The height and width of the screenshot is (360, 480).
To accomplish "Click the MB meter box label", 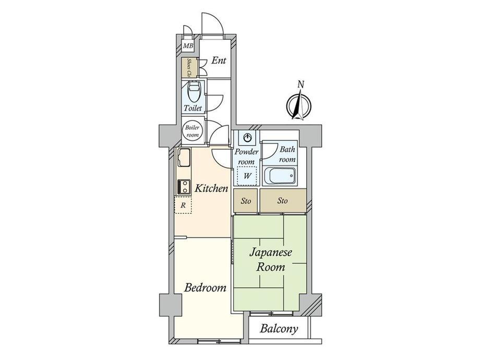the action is point(188,46).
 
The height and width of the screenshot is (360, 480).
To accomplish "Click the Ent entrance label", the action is point(219,61).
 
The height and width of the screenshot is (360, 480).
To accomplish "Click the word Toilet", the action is point(193,108).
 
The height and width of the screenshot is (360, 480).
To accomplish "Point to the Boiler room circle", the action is point(192,131).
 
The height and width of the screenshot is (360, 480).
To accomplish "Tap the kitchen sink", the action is point(183,158).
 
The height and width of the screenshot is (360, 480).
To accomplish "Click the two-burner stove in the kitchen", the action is point(183,186).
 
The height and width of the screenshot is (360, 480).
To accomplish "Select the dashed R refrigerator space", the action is point(183,205).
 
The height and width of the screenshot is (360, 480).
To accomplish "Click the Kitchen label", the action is point(211,188).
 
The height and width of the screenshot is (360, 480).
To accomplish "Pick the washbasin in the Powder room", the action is point(247,138).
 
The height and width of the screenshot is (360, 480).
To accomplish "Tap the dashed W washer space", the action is point(247,176).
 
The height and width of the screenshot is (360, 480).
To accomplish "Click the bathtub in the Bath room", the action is point(280,176).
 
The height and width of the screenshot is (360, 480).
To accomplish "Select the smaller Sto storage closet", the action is point(246,201).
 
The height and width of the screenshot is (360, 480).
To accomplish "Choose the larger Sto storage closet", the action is point(283,200).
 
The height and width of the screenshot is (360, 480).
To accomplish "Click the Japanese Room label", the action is point(271,260).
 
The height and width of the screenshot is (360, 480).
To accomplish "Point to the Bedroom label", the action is point(206,287).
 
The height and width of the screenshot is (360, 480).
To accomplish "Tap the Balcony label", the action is point(279,329).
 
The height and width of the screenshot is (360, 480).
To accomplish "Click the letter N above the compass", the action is point(301,85).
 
